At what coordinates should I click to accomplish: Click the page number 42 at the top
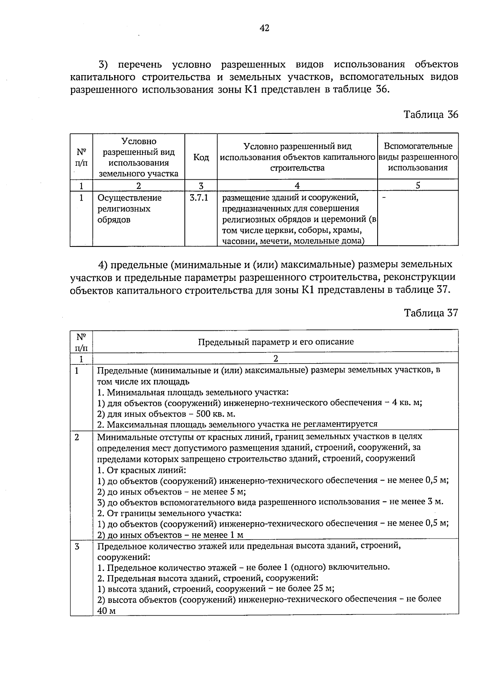click(264, 28)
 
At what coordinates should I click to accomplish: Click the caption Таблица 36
click(431, 115)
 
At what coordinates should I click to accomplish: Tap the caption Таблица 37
click(431, 312)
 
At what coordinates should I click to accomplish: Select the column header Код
click(201, 157)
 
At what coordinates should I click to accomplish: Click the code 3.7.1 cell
click(199, 198)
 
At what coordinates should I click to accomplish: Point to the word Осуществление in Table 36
click(130, 198)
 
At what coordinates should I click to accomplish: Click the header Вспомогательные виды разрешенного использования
click(418, 157)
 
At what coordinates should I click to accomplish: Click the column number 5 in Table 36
click(418, 185)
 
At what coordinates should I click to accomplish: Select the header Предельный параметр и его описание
click(275, 342)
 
